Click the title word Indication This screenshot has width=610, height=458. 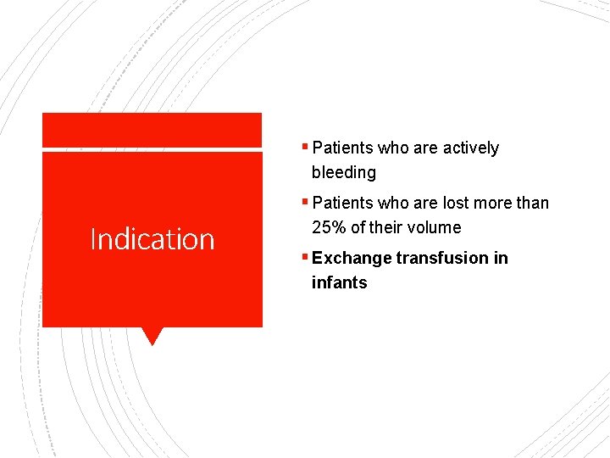pos(152,239)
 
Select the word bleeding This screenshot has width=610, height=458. pos(343,172)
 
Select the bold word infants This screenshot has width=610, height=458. pos(339,282)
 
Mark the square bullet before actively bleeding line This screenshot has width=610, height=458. pos(305,146)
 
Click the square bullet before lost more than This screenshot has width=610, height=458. pos(305,201)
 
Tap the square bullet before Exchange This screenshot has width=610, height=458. pos(305,255)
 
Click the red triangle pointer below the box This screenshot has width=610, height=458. pos(152,335)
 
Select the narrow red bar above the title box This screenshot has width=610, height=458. pos(152,130)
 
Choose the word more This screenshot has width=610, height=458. pos(494,204)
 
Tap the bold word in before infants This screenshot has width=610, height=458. pos(501,258)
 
